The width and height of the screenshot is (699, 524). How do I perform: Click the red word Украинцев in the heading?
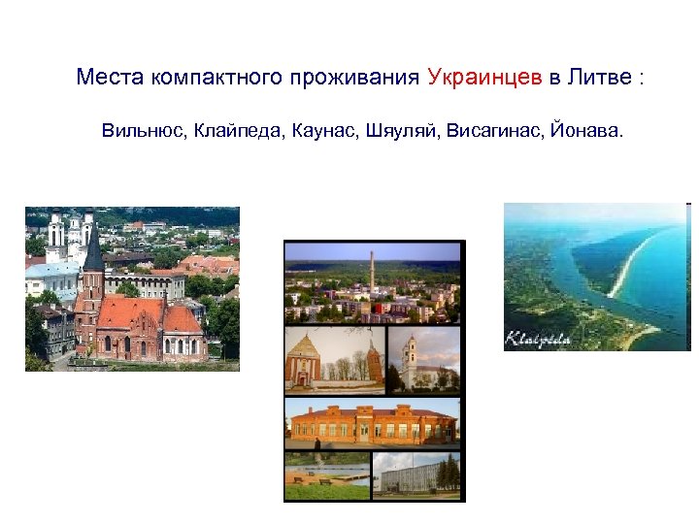coord(483,79)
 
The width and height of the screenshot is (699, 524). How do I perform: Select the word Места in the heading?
coord(111,79)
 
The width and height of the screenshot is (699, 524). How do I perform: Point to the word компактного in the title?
coord(216,79)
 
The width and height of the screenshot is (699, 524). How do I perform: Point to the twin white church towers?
coord(70,233)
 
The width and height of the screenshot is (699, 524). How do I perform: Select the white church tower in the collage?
coord(411,354)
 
